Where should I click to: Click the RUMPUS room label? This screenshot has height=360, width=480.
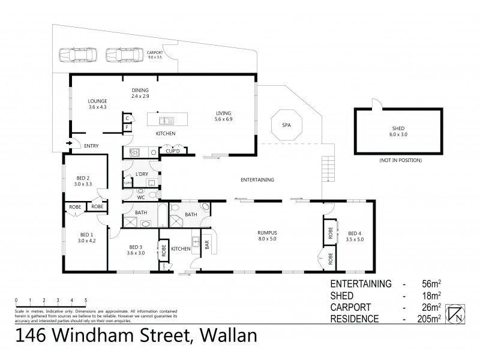pyautogui.click(x=266, y=236)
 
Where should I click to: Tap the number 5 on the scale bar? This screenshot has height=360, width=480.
pyautogui.click(x=86, y=300)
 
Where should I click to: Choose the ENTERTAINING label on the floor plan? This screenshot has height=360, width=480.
pyautogui.click(x=257, y=179)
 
